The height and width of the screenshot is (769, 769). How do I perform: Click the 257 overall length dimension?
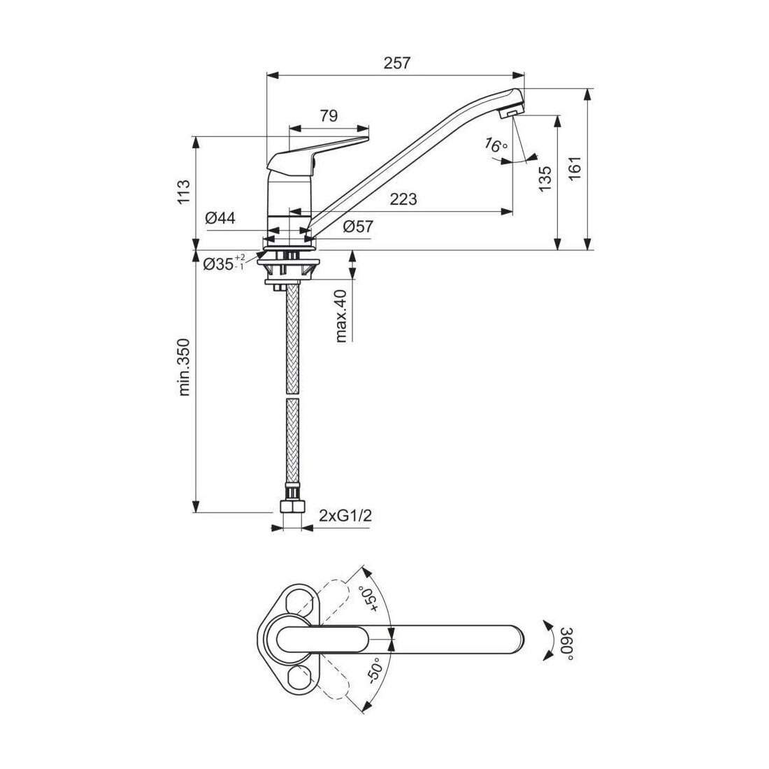coord(396,63)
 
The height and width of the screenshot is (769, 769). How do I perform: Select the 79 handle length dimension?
coord(329,116)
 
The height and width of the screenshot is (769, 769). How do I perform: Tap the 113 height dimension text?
coord(183,192)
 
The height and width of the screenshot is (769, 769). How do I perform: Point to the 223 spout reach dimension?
coord(403,199)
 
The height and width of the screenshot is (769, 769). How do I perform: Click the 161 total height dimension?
coord(575,168)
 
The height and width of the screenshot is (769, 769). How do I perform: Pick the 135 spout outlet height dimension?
coord(545,179)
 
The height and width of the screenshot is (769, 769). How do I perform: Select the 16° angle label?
coord(496,145)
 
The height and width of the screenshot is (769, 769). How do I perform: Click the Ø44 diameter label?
coord(220,217)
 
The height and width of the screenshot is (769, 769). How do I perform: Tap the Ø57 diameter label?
coord(358,227)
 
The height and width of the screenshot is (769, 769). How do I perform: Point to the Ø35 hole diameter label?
coord(224,263)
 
